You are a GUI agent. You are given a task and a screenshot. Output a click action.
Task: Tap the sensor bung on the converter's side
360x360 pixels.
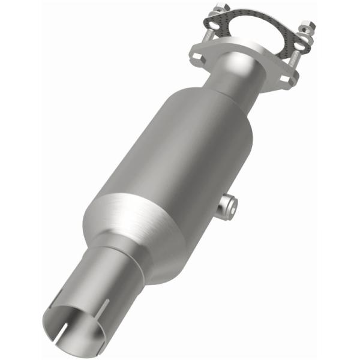coord(228,206)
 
